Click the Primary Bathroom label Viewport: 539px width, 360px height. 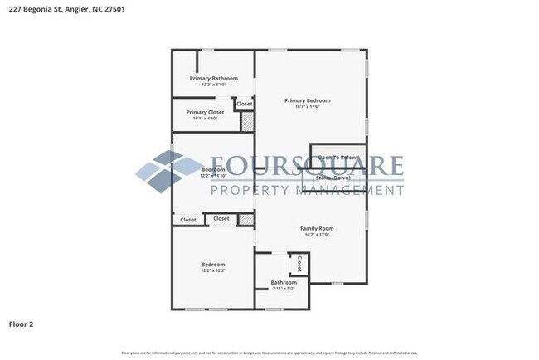213,78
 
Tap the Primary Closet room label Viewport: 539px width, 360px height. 205,112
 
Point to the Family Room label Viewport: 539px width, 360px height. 317,228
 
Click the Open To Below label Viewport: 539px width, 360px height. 337,157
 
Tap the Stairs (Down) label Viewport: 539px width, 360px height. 333,178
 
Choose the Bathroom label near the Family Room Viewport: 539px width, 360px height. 284,282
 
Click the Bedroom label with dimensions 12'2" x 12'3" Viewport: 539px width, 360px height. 213,265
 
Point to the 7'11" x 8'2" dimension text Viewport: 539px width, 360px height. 284,289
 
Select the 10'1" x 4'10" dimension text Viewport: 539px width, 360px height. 204,119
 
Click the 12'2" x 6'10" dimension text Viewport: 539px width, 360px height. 213,85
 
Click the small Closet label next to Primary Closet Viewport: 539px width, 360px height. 244,104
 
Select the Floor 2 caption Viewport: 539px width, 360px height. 21,324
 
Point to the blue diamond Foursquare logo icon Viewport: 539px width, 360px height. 164,171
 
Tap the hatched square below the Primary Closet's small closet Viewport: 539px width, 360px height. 247,121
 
